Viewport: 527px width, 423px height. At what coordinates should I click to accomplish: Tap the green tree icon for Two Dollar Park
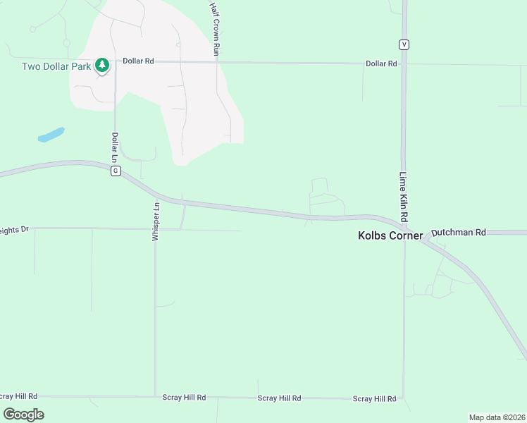point(103,66)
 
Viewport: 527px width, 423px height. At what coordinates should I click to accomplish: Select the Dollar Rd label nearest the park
point(138,61)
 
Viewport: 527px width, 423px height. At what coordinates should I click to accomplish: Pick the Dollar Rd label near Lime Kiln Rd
point(381,63)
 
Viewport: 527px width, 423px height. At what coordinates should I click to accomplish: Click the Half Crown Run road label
point(216,28)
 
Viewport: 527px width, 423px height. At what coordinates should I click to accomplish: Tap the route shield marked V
point(404,44)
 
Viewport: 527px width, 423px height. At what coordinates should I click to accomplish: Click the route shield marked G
point(116,171)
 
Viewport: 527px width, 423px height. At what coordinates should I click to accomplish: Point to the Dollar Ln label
point(115,146)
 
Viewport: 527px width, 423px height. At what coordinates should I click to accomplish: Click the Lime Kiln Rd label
point(404,197)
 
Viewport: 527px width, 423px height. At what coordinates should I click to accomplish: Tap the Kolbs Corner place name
point(390,236)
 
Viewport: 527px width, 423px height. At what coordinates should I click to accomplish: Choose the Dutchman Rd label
point(459,231)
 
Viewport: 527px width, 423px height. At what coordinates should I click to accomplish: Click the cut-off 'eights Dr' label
point(14,229)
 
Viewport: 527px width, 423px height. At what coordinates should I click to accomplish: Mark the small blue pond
point(51,135)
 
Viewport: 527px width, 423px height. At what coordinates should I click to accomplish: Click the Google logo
point(23,415)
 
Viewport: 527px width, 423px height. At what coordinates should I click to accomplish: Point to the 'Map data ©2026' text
point(497,417)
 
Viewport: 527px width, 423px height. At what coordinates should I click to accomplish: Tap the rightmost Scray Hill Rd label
point(375,398)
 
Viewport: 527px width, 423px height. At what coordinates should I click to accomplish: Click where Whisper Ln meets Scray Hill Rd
point(155,397)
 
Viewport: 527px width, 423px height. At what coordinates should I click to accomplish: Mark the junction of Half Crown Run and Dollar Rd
point(216,62)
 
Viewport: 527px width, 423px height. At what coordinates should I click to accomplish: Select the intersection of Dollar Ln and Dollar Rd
point(115,61)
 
